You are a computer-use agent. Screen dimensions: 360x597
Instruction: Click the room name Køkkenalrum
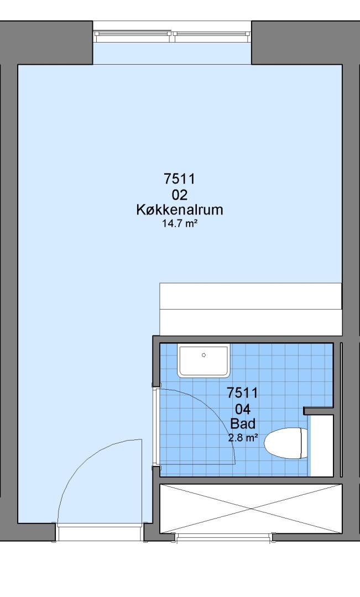tap(179, 210)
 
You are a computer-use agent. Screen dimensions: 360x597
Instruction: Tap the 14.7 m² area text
tap(179, 223)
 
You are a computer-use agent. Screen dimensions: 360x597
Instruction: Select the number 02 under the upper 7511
tap(180, 195)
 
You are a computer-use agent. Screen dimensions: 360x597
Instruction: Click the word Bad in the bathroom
tap(243, 424)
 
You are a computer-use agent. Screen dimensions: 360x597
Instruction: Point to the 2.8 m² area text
tap(243, 438)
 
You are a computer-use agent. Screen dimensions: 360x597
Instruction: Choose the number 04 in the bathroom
tap(243, 410)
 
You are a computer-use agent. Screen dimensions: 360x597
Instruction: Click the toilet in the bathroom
tap(286, 443)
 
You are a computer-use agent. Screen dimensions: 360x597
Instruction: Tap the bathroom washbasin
tap(204, 361)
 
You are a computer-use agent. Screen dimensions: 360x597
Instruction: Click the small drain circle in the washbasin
tap(204, 355)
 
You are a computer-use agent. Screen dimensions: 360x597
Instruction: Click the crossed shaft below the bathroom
tap(251, 509)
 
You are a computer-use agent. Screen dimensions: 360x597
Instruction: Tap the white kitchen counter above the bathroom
tap(251, 309)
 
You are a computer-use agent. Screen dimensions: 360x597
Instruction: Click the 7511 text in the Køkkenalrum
tap(179, 178)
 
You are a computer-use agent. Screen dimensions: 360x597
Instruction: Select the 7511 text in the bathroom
tap(242, 392)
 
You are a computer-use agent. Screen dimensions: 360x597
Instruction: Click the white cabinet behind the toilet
tap(322, 446)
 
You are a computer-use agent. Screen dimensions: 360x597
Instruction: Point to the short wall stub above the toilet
tap(319, 411)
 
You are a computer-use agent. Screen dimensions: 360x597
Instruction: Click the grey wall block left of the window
tap(46, 43)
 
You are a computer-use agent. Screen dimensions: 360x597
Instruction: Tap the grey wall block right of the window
tap(305, 43)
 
